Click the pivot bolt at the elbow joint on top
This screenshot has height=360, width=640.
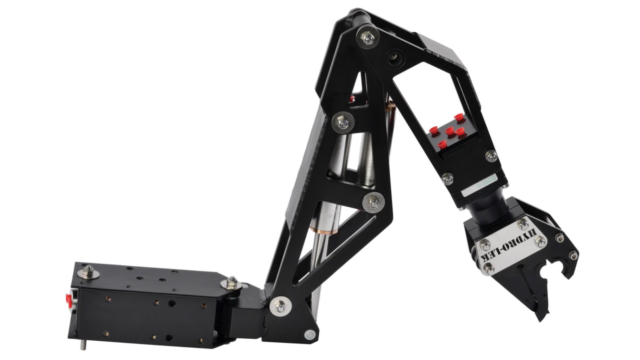tap(368, 37)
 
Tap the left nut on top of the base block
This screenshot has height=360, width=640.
tap(88, 271)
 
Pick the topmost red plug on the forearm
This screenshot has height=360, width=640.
tap(459, 117)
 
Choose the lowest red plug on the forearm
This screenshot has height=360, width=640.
tap(442, 144)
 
